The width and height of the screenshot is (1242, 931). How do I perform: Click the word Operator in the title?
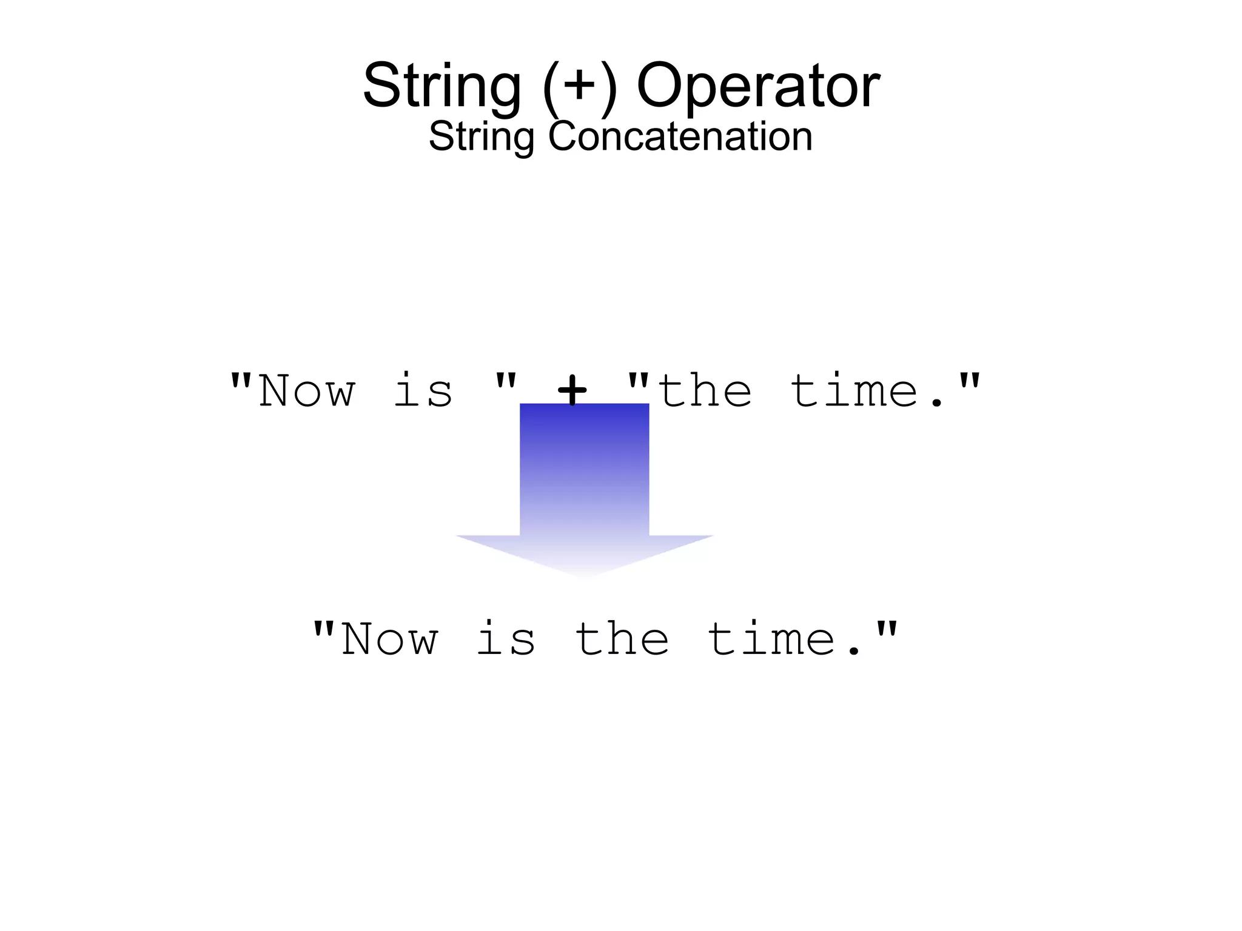click(758, 86)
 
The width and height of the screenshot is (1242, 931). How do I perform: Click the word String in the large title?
click(442, 86)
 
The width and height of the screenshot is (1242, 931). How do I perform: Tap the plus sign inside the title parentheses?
click(579, 85)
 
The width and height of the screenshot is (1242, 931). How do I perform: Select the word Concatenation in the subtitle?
click(680, 136)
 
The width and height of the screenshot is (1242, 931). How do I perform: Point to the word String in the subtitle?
click(482, 136)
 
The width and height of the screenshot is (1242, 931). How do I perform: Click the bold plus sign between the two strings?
click(572, 390)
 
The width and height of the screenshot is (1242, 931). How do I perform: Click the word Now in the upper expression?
click(307, 392)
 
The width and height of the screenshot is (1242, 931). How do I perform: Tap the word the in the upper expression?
click(705, 390)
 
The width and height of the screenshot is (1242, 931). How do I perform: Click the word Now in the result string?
click(389, 639)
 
